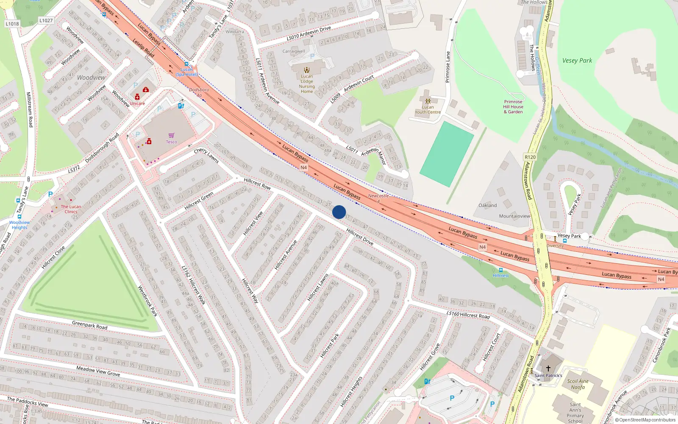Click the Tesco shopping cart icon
click(x=172, y=136)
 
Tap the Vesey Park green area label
click(x=577, y=61)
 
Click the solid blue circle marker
click(x=339, y=212)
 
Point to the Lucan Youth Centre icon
click(x=428, y=101)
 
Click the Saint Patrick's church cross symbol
click(x=548, y=368)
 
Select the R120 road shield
click(x=530, y=157)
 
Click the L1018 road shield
click(x=12, y=24)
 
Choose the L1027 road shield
click(x=46, y=20)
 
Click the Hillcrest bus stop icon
click(x=501, y=270)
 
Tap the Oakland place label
click(x=488, y=205)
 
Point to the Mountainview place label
click(x=514, y=216)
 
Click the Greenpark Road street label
click(x=90, y=325)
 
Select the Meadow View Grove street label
click(x=98, y=371)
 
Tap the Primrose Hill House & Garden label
click(x=513, y=107)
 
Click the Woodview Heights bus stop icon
click(x=19, y=217)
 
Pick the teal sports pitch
click(x=447, y=154)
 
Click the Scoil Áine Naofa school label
click(x=578, y=384)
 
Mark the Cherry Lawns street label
click(x=206, y=156)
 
